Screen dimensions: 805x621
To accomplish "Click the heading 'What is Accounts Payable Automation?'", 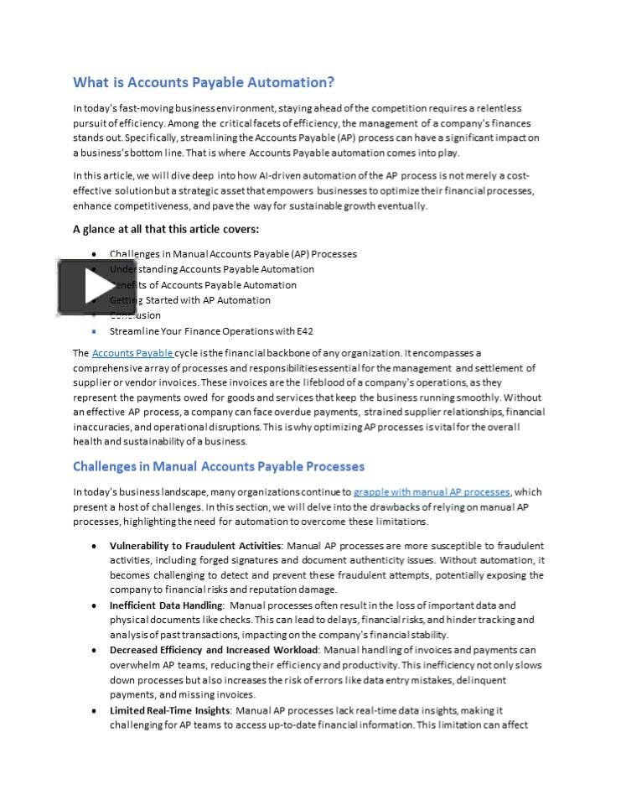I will pyautogui.click(x=204, y=82).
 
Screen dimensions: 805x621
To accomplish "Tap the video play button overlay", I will pyautogui.click(x=85, y=287).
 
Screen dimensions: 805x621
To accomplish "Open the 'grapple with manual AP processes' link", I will pyautogui.click(x=431, y=491).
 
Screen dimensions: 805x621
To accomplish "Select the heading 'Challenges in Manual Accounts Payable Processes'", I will pyautogui.click(x=219, y=466).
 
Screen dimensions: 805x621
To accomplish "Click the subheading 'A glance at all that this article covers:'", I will pyautogui.click(x=166, y=229).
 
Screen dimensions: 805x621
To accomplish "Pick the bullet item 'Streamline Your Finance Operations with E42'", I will pyautogui.click(x=211, y=331).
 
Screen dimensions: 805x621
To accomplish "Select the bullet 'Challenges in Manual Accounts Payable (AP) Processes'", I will pyautogui.click(x=233, y=254).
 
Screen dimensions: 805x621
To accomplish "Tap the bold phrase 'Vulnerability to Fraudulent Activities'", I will pyautogui.click(x=195, y=545).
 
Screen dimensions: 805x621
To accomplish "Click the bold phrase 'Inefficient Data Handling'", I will pyautogui.click(x=166, y=605).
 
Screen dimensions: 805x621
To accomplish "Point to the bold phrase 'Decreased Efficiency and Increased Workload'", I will pyautogui.click(x=214, y=650).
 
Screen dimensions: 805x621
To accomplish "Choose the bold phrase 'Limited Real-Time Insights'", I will pyautogui.click(x=170, y=710).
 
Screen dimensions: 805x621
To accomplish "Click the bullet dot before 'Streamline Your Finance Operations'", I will pyautogui.click(x=94, y=331).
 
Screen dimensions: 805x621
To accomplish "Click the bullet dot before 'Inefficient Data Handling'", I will pyautogui.click(x=94, y=605).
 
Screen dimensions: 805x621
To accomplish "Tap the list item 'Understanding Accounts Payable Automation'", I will pyautogui.click(x=212, y=269).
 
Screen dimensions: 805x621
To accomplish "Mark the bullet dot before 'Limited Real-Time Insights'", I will pyautogui.click(x=94, y=710).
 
